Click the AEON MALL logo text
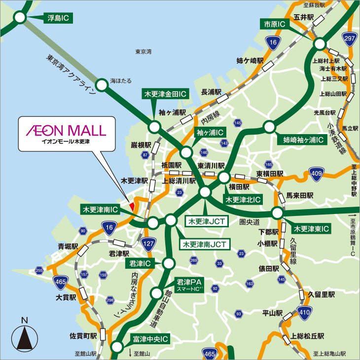[x=66, y=130]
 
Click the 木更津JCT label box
[x=206, y=221]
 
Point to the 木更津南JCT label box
[x=204, y=244]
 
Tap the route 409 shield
[x=317, y=173]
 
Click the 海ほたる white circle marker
[x=102, y=85]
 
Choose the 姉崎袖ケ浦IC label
[x=303, y=140]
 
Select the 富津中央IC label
[x=150, y=339]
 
